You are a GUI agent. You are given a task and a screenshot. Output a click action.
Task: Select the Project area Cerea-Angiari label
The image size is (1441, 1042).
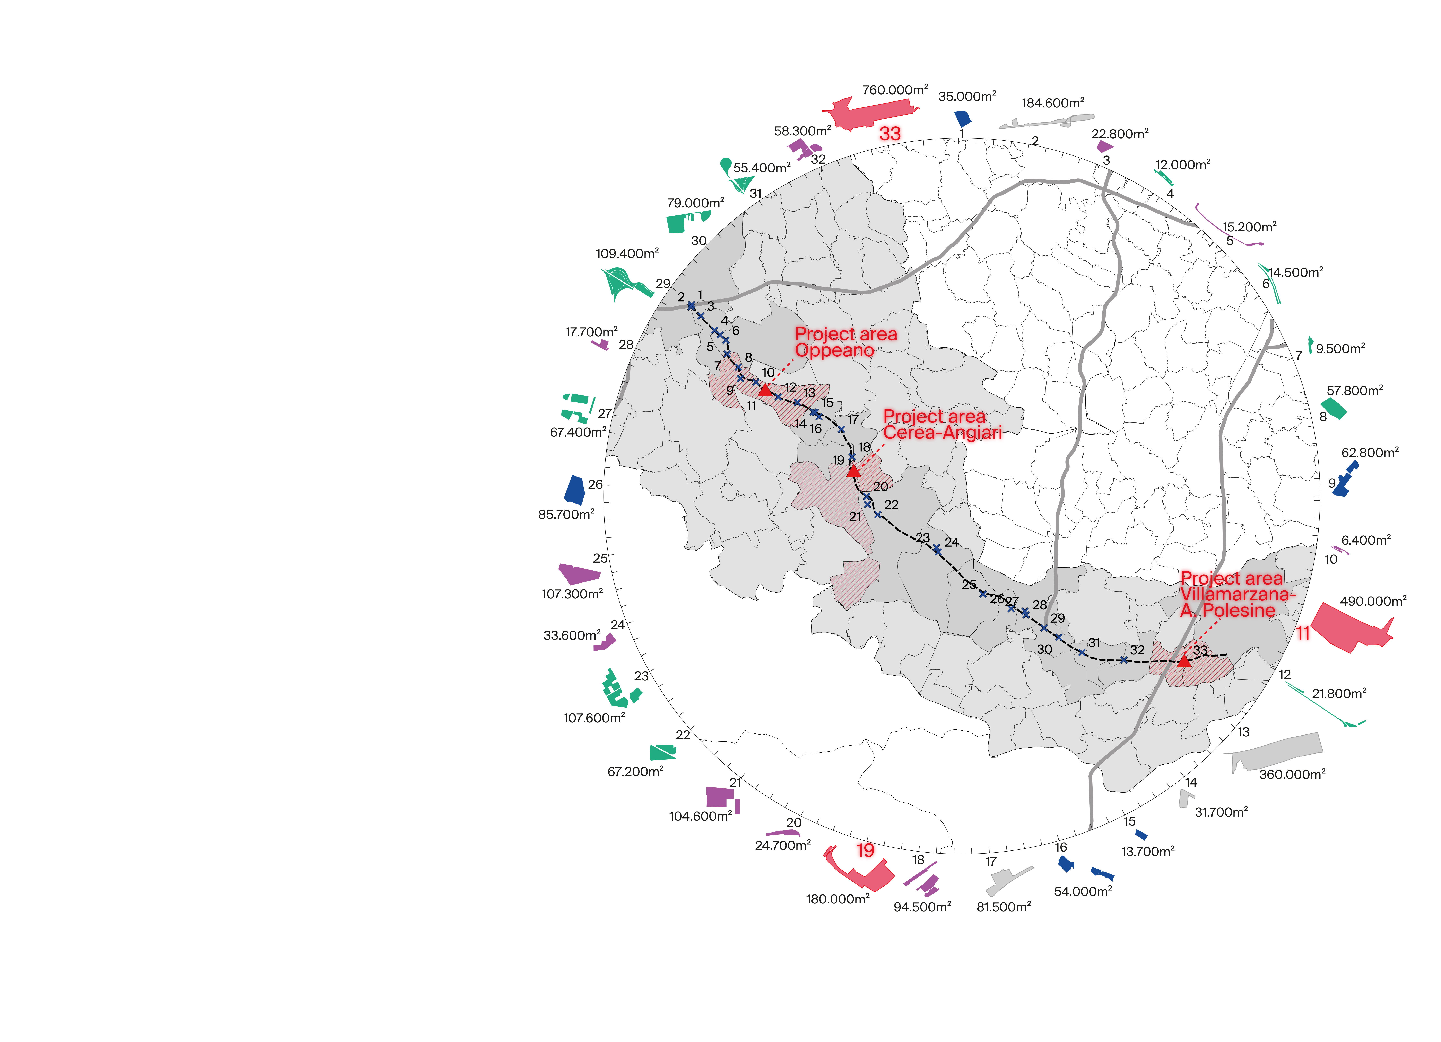coord(942,424)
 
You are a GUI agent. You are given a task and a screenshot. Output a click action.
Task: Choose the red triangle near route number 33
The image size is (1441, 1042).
coord(1184,661)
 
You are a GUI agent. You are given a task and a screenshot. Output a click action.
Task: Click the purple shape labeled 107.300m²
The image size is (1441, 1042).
coord(578,573)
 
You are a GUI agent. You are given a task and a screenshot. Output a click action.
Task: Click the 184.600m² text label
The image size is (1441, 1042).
coord(1053,103)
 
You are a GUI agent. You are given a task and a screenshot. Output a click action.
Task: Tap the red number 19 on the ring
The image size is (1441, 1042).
coord(865,850)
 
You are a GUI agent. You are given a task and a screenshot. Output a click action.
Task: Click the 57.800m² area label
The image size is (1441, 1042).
coord(1355,391)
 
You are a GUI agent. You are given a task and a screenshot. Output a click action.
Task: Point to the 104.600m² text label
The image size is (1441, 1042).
coord(700,816)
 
